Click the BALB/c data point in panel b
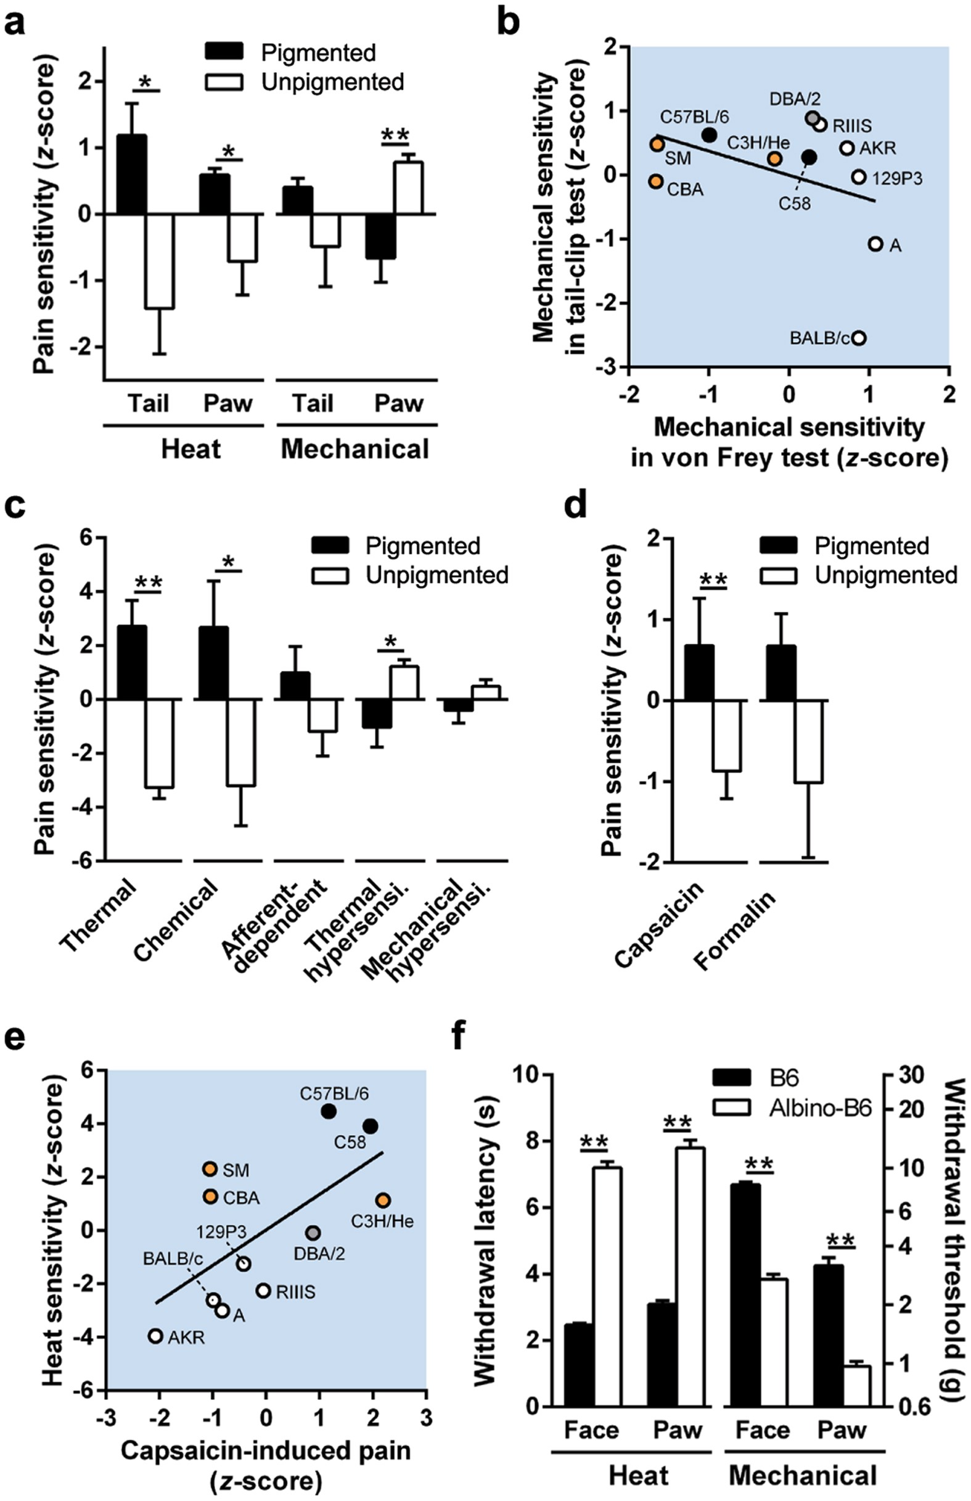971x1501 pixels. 858,338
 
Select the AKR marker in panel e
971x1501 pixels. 156,1336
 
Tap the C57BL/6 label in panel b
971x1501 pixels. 694,117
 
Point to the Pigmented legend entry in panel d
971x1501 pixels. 871,546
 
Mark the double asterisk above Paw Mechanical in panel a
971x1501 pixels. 395,135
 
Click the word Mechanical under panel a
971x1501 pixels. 355,450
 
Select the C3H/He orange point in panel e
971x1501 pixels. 382,1200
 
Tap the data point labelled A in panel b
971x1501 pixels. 875,244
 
